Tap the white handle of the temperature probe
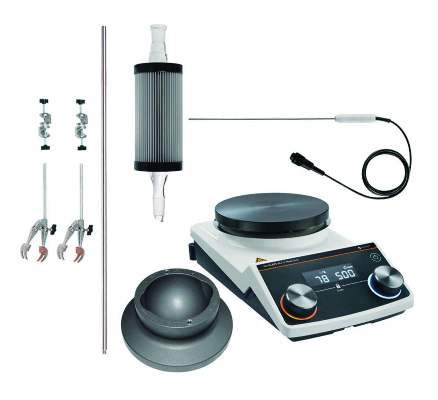tap(355, 118)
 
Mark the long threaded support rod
tap(104, 188)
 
